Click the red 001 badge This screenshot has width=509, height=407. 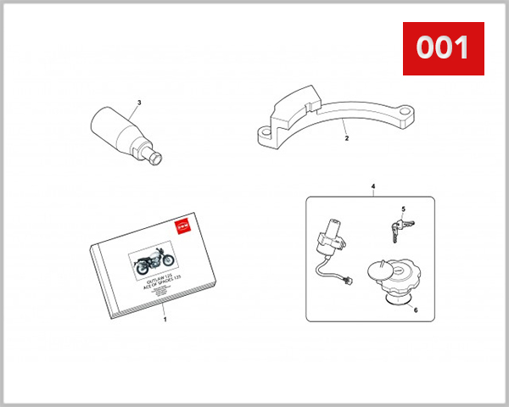pos(442,47)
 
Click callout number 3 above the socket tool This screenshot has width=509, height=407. pos(139,103)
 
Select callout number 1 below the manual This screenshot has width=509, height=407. pos(165,321)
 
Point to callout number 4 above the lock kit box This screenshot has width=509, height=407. pos(372,185)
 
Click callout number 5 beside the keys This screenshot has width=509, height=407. pos(404,209)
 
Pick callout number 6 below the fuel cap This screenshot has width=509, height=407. pos(415,310)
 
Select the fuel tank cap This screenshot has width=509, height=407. pos(393,280)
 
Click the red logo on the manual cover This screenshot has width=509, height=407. pos(179,226)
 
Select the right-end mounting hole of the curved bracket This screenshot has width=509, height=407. pos(406,113)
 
